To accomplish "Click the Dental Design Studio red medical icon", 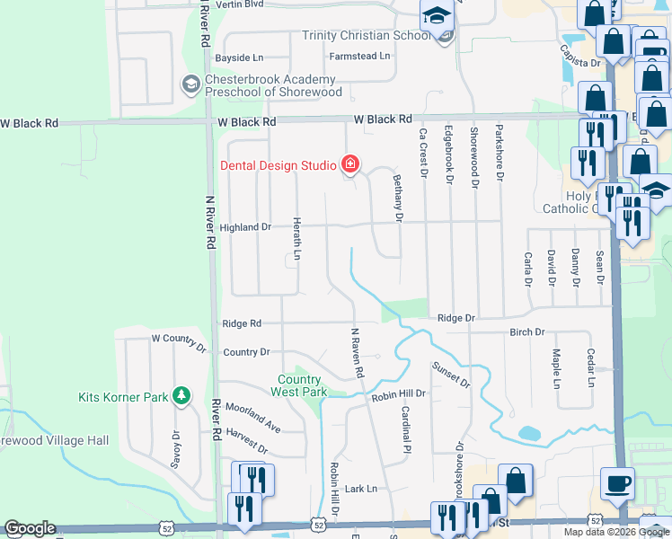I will click(350, 164).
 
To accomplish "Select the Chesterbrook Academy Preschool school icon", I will click(190, 85).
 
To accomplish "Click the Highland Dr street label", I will click(241, 227).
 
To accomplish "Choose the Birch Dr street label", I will click(527, 332).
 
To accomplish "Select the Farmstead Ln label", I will click(360, 56).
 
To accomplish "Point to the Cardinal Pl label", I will click(406, 429).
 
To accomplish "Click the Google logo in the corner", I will click(29, 528).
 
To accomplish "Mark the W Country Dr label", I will click(179, 338).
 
